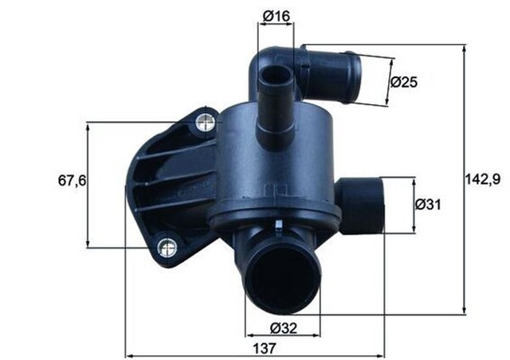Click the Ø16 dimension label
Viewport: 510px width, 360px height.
pyautogui.click(x=275, y=14)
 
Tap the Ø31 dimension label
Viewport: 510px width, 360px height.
pyautogui.click(x=429, y=205)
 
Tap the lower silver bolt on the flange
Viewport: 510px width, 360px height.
pyautogui.click(x=167, y=248)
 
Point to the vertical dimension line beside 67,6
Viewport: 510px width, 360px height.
pyautogui.click(x=87, y=183)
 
